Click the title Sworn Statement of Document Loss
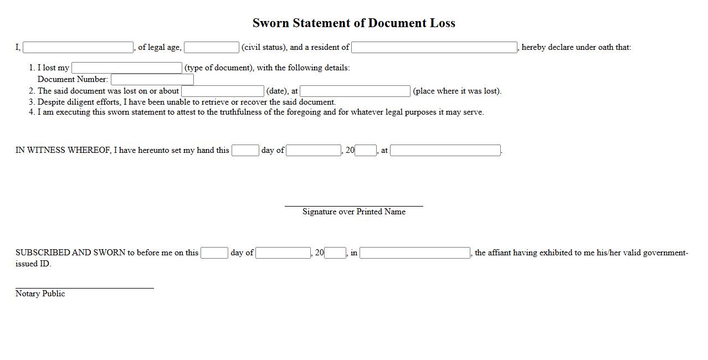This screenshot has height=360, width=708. (x=353, y=23)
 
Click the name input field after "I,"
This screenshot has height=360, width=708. (x=78, y=48)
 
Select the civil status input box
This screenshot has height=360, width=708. (x=212, y=48)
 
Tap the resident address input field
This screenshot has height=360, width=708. (x=434, y=48)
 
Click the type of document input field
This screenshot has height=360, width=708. (x=127, y=68)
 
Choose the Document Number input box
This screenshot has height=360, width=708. (x=152, y=80)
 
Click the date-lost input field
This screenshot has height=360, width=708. (x=223, y=91)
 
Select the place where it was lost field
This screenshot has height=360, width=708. (x=355, y=91)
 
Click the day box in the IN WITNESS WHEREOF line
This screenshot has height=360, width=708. (x=245, y=150)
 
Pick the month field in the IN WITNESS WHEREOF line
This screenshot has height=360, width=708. (x=314, y=150)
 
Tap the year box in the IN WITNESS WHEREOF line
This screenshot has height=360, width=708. (x=366, y=150)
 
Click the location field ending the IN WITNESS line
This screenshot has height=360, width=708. (x=445, y=150)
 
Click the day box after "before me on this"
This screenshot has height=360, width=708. (x=214, y=253)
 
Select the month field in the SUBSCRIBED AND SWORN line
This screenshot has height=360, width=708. (x=283, y=253)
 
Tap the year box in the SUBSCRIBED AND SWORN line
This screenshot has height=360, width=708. (x=335, y=253)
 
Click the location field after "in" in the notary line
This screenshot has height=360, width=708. (x=415, y=253)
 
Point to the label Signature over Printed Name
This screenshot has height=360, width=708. (x=353, y=212)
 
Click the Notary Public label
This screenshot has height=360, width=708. (x=40, y=294)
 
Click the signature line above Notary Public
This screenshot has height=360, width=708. (x=84, y=288)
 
